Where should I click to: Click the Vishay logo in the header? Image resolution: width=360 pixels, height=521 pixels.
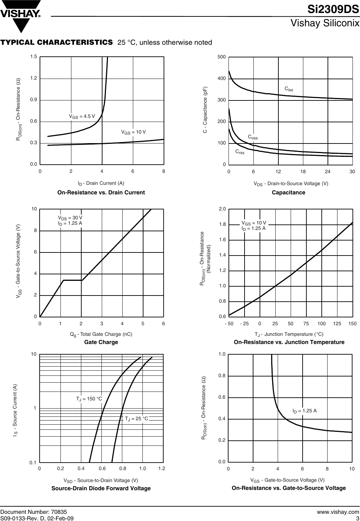pos(21,16)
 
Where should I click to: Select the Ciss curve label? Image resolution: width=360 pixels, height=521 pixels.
pos(289,89)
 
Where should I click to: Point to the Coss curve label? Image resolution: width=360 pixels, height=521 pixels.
pos(252,137)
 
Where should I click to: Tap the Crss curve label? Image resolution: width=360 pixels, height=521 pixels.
pos(240,152)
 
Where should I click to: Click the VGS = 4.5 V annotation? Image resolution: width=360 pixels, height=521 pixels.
pos(82,116)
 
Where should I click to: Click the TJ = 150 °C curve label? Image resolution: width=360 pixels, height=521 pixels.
pos(89,399)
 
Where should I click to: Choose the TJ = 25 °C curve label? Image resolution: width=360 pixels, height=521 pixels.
pos(136,419)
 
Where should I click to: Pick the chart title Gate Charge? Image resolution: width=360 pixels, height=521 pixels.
pos(101,342)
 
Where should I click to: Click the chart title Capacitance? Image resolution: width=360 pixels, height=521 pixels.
pos(288,193)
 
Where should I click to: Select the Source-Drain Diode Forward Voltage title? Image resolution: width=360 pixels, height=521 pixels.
pos(101,488)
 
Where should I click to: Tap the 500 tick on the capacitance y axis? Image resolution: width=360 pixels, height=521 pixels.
pos(222,57)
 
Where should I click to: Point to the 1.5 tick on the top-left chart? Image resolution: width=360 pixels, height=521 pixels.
pos(33,57)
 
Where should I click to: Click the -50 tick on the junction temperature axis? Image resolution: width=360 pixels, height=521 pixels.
pos(229,324)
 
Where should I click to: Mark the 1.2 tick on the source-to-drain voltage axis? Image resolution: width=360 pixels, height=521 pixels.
pos(162,468)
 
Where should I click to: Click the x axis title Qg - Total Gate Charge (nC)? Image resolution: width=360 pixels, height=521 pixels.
pos(101,334)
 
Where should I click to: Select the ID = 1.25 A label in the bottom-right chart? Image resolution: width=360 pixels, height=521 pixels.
pos(304,411)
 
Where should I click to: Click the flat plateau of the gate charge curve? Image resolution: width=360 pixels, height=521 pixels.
pos(72,280)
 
